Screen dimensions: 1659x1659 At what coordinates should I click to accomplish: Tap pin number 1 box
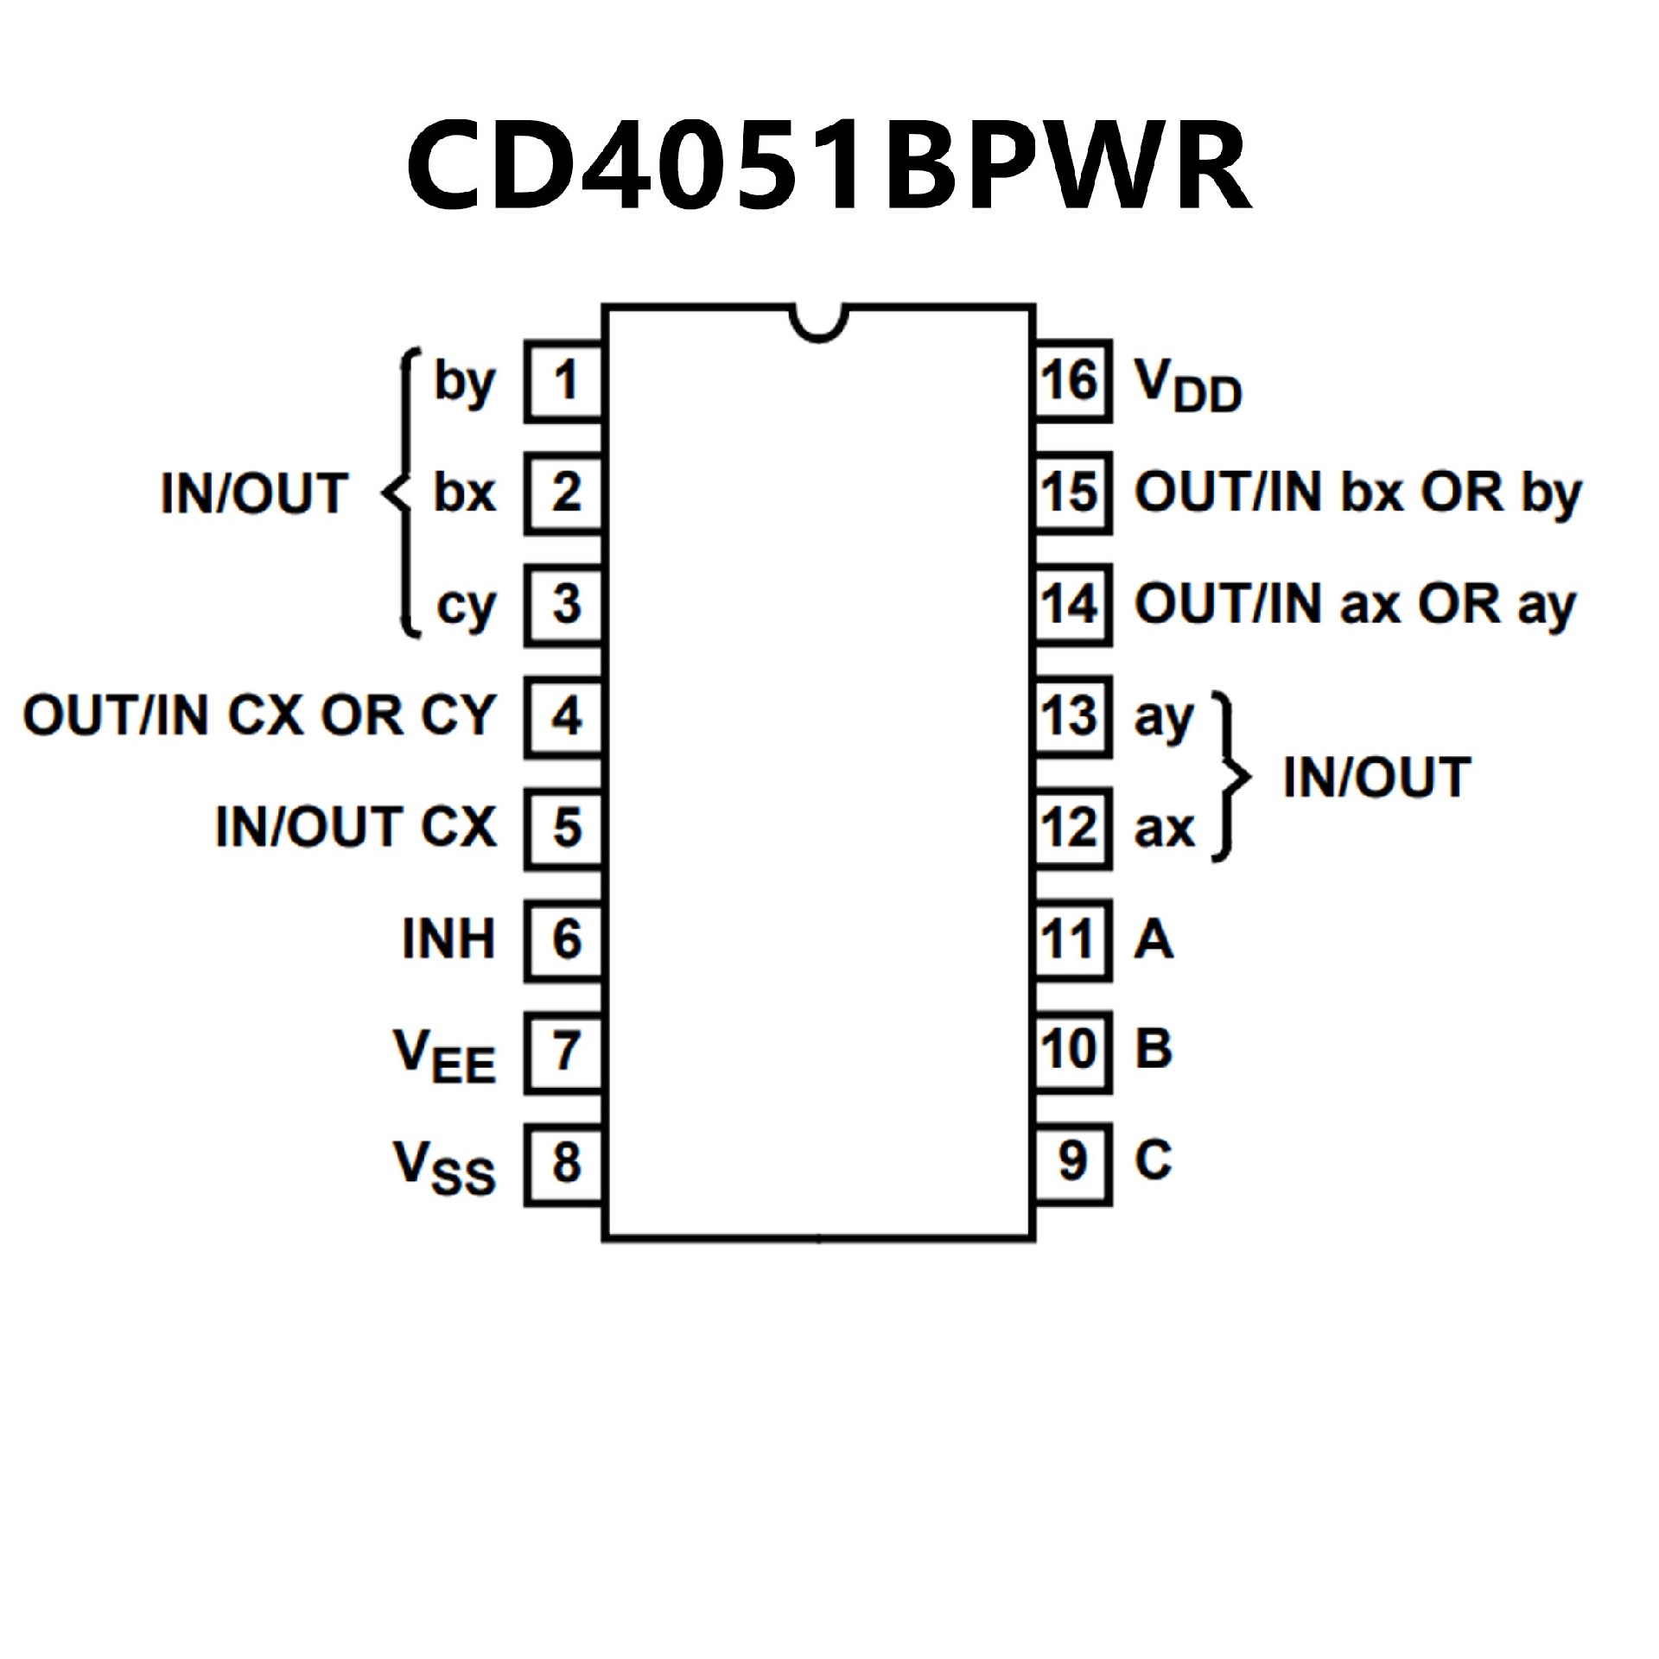564,381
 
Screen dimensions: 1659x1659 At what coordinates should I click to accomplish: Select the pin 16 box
1071,381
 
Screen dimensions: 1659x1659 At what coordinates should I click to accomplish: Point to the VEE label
444,1056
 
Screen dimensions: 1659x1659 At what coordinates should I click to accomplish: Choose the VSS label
444,1167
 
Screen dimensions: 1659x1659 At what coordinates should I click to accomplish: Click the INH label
448,939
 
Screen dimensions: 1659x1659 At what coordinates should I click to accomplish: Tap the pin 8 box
564,1164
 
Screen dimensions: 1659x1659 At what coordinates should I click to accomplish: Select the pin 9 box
1071,1164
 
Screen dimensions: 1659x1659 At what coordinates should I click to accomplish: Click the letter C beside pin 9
1154,1160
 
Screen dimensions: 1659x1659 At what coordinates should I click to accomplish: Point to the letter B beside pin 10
1154,1049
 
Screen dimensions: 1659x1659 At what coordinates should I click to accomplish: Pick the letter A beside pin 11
1154,939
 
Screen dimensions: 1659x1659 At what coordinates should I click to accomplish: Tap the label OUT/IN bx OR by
1357,493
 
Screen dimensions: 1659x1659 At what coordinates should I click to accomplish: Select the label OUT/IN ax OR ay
1355,605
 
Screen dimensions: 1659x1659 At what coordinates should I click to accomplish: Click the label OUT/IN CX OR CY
259,716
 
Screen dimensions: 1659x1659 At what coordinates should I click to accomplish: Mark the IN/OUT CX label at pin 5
355,827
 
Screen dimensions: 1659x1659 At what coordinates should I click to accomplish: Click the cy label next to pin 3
466,607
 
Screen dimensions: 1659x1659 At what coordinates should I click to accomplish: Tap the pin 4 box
564,716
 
